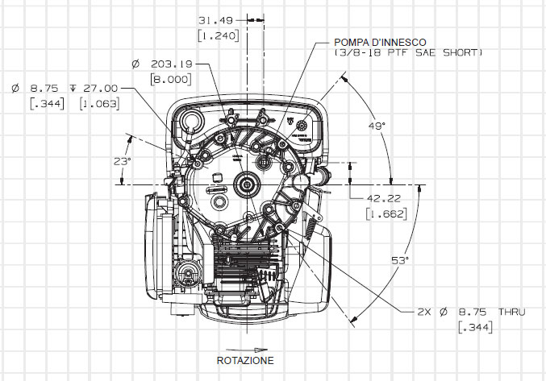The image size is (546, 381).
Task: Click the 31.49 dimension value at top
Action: pyautogui.click(x=215, y=20)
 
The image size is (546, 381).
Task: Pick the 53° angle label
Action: pyautogui.click(x=401, y=260)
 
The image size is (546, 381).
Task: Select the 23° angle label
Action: pyautogui.click(x=122, y=161)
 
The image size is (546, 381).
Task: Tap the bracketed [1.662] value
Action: pyautogui.click(x=385, y=214)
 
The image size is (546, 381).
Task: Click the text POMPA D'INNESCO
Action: pyautogui.click(x=381, y=41)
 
